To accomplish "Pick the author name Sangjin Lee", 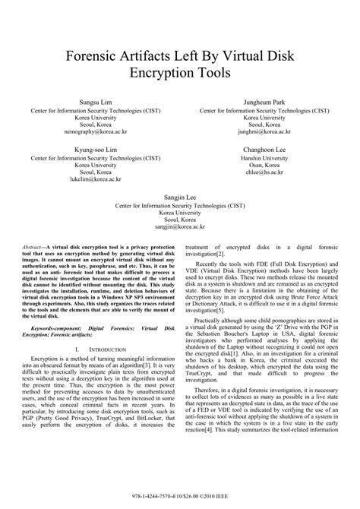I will click(180, 195).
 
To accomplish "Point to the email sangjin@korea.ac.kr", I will click(180, 226).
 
